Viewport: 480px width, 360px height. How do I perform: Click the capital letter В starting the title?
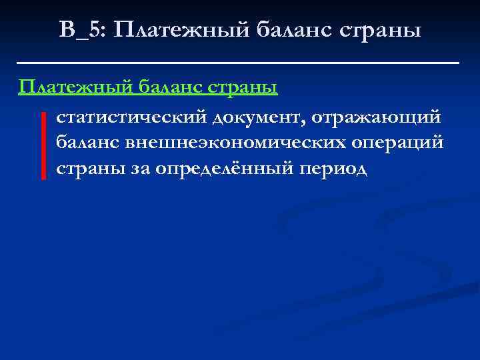tap(67, 29)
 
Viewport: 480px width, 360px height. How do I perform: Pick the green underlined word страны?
tap(243, 87)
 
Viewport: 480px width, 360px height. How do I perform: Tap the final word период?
tap(333, 169)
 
